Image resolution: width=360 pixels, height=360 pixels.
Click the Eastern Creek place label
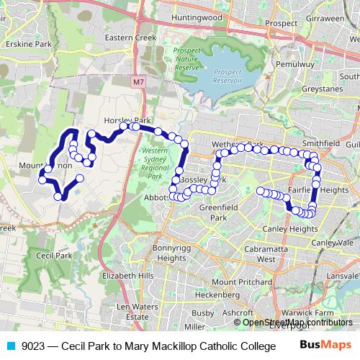click(x=125, y=37)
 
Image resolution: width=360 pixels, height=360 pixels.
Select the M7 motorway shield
click(x=138, y=83)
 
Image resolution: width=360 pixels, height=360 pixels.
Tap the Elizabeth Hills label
click(x=128, y=275)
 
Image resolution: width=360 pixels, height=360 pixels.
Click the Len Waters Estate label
click(x=141, y=311)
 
